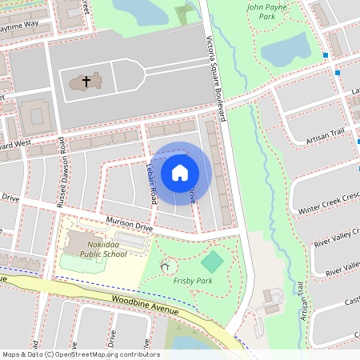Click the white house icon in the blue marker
point(180,172)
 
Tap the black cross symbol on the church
point(86,82)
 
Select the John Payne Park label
point(266,11)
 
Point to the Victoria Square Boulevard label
point(215,80)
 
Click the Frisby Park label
point(192,281)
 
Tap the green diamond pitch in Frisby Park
point(212,262)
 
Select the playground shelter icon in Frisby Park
point(166,266)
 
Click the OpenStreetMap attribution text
point(81,354)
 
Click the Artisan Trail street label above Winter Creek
point(324,138)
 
